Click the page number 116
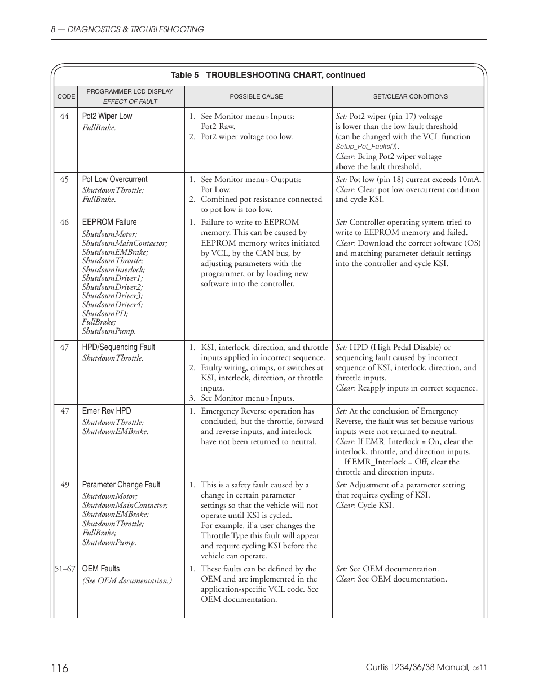pyautogui.click(x=59, y=668)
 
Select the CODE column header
pyautogui.click(x=66, y=96)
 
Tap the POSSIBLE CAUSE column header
pyautogui.click(x=256, y=96)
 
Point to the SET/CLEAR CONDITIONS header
pyautogui.click(x=410, y=96)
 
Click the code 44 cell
pyautogui.click(x=64, y=116)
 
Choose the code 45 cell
pyautogui.click(x=64, y=179)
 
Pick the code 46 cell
pyautogui.click(x=64, y=222)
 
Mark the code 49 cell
pyautogui.click(x=64, y=485)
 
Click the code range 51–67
pyautogui.click(x=65, y=569)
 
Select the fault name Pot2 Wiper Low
pyautogui.click(x=107, y=116)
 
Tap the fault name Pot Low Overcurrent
pyautogui.click(x=114, y=179)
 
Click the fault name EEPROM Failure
pyautogui.click(x=109, y=222)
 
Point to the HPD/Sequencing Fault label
pyautogui.click(x=118, y=347)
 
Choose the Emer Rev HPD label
pyautogui.click(x=107, y=411)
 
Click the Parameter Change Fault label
pyautogui.click(x=121, y=485)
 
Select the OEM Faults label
pyautogui.click(x=101, y=569)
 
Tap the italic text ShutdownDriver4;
pyautogui.click(x=112, y=304)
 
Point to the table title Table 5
pyautogui.click(x=184, y=75)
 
